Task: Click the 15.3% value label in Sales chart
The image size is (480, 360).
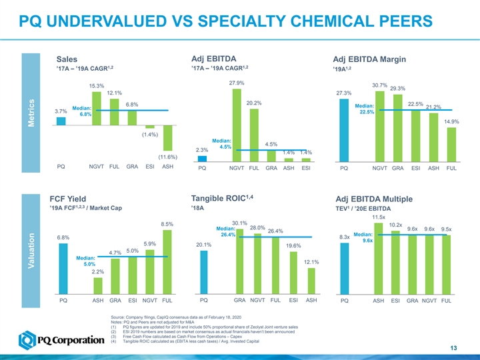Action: coord(97,85)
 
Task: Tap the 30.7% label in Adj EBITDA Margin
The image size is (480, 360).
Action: coord(380,85)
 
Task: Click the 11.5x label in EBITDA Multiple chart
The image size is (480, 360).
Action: coord(379,217)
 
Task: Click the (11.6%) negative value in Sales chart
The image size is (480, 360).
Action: coord(167,157)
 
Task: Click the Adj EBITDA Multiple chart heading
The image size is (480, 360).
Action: coord(377,200)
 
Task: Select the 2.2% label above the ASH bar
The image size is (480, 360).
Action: coord(97,272)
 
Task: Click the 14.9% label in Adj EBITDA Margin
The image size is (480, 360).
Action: coord(451,121)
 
